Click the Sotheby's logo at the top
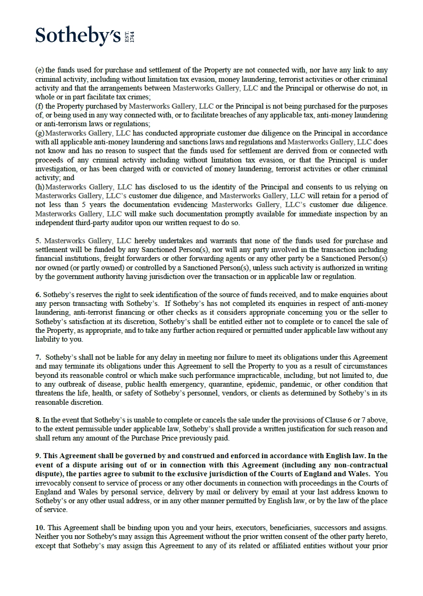[x=78, y=36]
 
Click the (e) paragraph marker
[x=39, y=71]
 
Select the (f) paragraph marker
[x=39, y=106]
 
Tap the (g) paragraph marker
[x=40, y=133]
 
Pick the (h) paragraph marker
[x=40, y=187]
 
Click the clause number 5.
[x=38, y=241]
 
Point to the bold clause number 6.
[x=38, y=295]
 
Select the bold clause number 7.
[x=38, y=357]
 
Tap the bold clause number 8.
[x=38, y=420]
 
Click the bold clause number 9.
[x=38, y=456]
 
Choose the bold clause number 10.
[x=40, y=528]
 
